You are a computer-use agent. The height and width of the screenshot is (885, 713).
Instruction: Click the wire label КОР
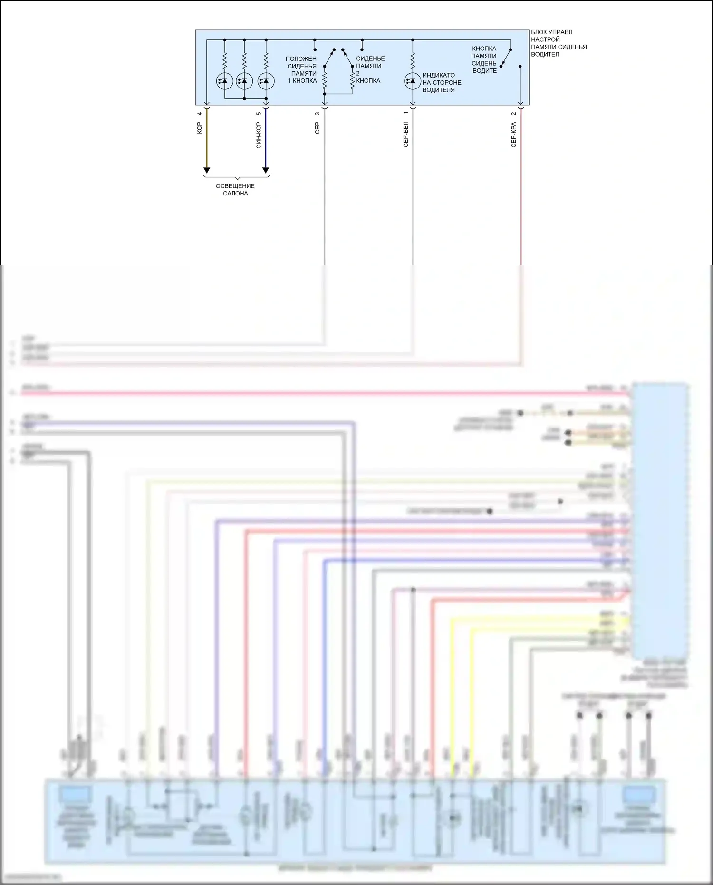(x=200, y=127)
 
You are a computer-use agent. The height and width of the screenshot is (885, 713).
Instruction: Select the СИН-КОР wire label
(x=259, y=135)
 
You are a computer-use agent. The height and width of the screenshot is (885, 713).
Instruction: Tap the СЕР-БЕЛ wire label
(x=405, y=135)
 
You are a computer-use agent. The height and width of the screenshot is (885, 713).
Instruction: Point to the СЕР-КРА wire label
(x=513, y=135)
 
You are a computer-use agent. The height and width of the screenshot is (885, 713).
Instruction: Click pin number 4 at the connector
(x=200, y=113)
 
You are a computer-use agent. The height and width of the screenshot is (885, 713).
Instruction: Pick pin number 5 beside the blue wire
(x=259, y=113)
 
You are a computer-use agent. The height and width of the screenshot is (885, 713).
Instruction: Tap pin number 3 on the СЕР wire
(x=318, y=113)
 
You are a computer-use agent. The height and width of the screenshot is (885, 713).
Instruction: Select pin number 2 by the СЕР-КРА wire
(x=513, y=113)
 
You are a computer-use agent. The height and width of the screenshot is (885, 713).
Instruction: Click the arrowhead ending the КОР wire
(x=207, y=170)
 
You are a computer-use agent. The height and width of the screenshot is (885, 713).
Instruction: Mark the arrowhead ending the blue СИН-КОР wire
(x=266, y=170)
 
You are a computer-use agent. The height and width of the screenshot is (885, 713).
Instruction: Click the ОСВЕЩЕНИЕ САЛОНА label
(x=235, y=190)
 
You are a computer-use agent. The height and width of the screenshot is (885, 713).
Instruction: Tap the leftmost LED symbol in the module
(x=224, y=81)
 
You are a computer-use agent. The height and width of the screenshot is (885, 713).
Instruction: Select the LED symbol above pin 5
(x=266, y=81)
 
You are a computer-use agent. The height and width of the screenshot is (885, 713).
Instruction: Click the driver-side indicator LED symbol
(x=412, y=81)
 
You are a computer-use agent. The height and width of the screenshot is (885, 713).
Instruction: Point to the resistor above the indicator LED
(x=413, y=61)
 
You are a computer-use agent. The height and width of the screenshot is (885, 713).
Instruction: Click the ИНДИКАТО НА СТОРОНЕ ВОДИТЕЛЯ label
(x=441, y=82)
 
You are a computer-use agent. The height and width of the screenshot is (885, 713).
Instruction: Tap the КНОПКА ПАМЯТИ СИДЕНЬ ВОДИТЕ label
(x=484, y=59)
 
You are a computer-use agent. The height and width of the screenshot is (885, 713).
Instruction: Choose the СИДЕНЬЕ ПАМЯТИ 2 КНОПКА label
(x=369, y=69)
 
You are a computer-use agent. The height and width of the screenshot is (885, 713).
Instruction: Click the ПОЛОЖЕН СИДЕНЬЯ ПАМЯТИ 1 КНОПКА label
(x=302, y=69)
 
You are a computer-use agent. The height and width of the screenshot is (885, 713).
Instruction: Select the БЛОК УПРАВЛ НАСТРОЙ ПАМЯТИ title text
(x=559, y=43)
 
